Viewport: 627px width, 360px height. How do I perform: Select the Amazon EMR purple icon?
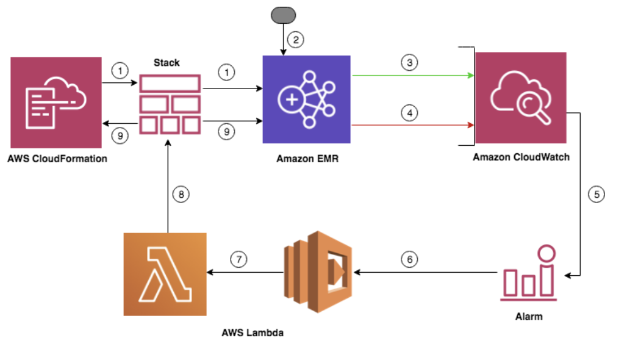(306, 99)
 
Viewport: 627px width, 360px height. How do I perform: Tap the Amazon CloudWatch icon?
(521, 98)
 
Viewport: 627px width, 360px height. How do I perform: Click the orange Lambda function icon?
(165, 275)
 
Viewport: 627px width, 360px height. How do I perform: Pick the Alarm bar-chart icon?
(528, 274)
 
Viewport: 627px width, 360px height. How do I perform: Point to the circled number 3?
(410, 62)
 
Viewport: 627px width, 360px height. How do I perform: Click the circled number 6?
(410, 259)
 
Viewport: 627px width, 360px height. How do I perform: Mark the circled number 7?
(240, 259)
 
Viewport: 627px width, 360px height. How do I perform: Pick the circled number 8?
(181, 195)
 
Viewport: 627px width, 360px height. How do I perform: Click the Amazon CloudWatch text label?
(521, 157)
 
